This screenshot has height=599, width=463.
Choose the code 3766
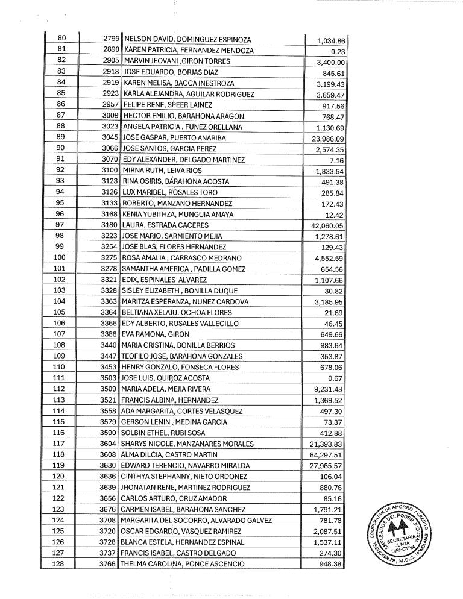coord(110,564)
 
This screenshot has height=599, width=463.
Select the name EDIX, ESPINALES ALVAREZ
coord(165,280)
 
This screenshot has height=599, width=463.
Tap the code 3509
coord(110,389)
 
